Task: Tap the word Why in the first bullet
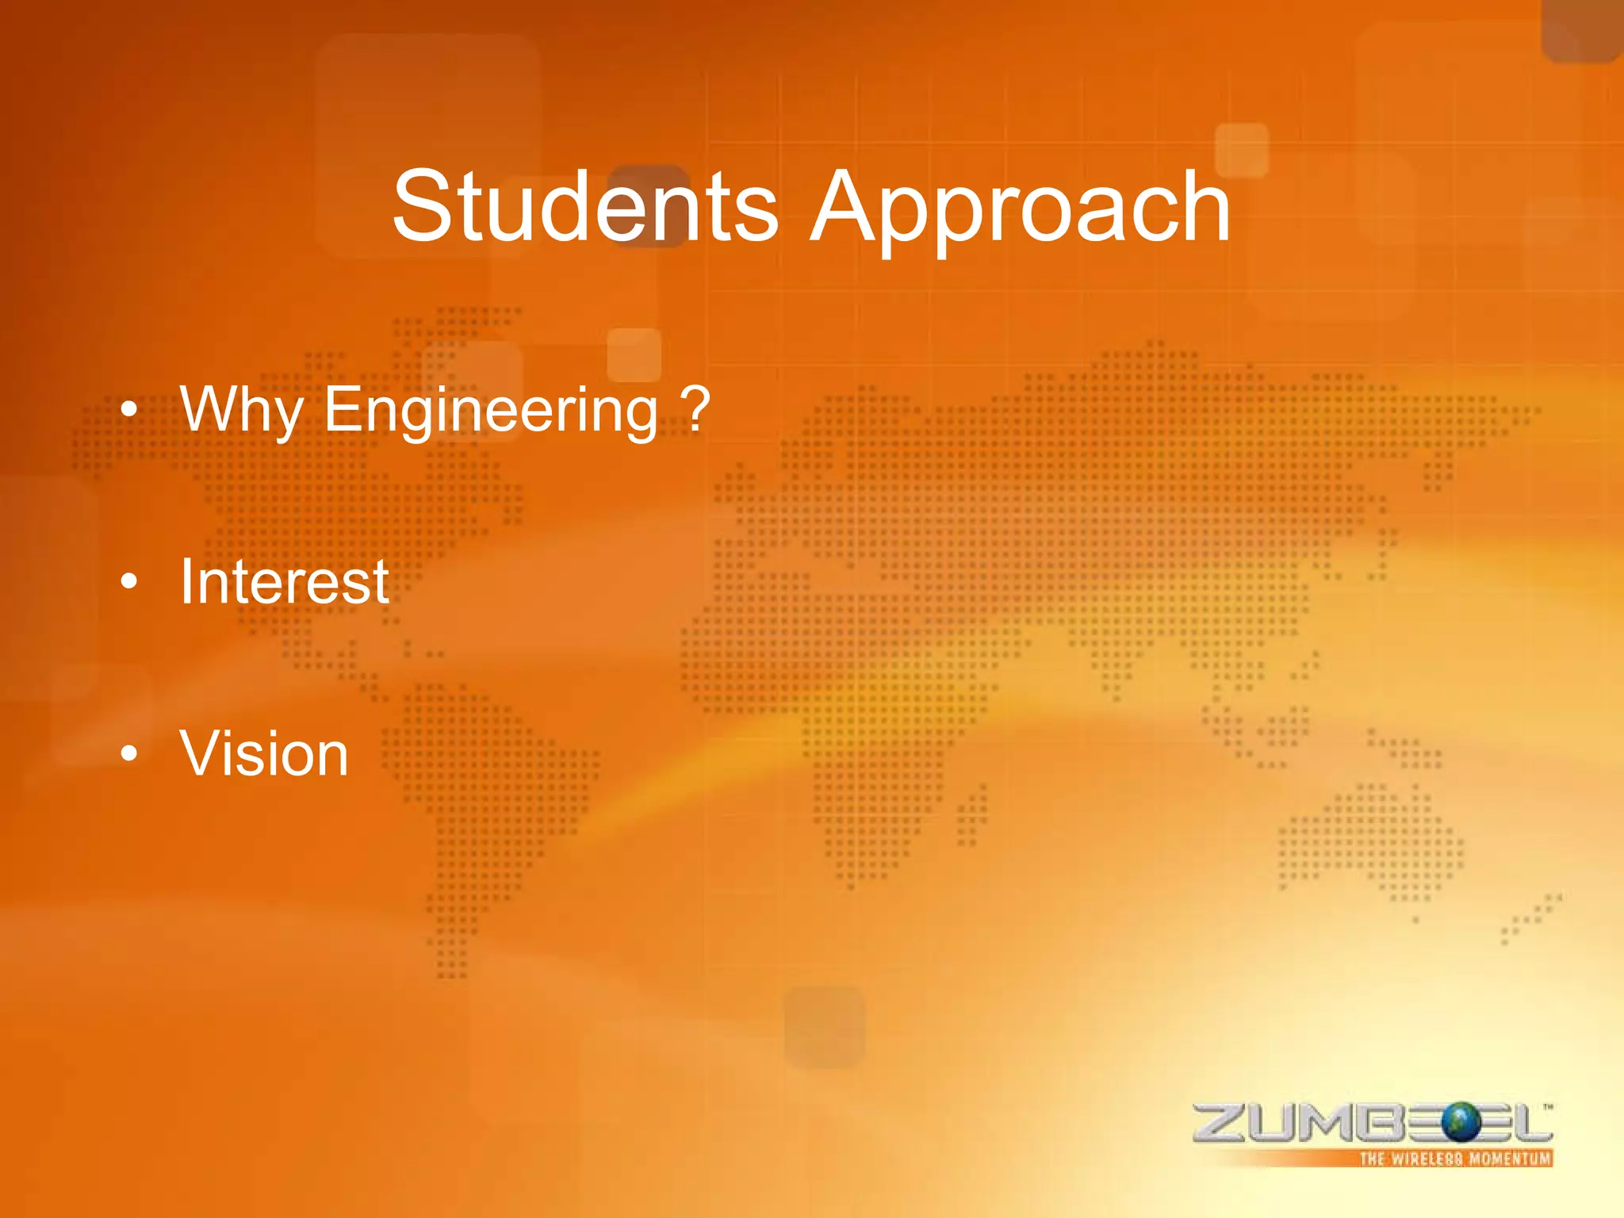pyautogui.click(x=241, y=410)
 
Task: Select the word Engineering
pyautogui.click(x=491, y=410)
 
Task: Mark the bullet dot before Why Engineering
pyautogui.click(x=129, y=411)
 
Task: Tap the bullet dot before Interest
pyautogui.click(x=129, y=583)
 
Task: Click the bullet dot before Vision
pyautogui.click(x=129, y=755)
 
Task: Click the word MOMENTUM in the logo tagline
pyautogui.click(x=1509, y=1159)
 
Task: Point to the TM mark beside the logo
pyautogui.click(x=1548, y=1106)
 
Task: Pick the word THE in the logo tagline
pyautogui.click(x=1372, y=1159)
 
